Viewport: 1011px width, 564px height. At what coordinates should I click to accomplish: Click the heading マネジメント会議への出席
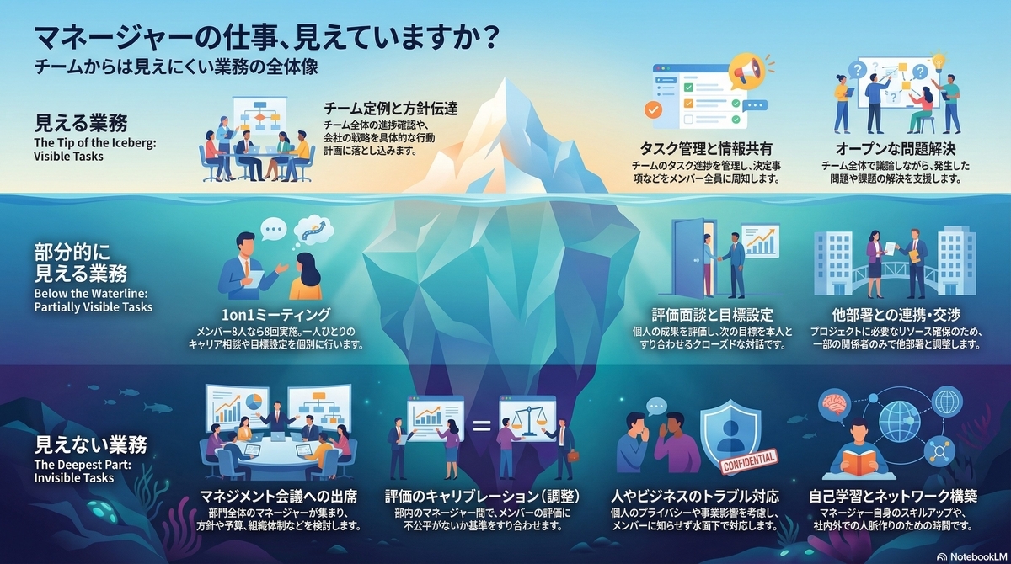[x=279, y=494]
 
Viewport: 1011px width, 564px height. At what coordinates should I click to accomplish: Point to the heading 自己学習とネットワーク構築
[x=896, y=494]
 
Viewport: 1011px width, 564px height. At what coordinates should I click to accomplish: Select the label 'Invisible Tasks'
[x=73, y=478]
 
